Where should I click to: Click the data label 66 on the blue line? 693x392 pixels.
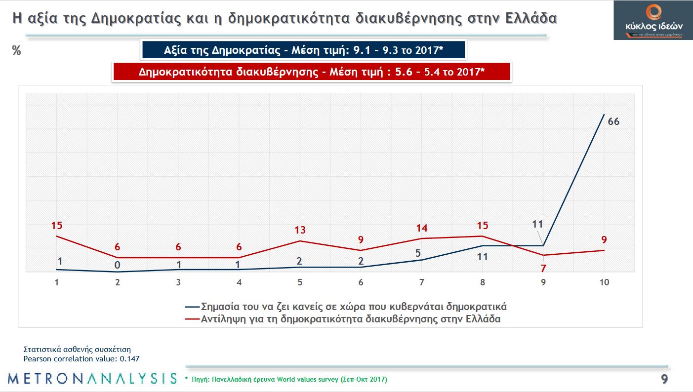tap(613, 121)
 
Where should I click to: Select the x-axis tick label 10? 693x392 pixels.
tap(604, 283)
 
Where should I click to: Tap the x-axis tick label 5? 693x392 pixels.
tap(299, 283)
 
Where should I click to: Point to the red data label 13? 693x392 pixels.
tap(300, 230)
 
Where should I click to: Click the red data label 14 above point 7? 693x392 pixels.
tap(421, 228)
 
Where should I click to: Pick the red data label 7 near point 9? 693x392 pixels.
tap(543, 269)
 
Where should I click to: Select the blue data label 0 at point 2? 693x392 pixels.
tap(118, 265)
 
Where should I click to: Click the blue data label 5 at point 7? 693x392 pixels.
tap(418, 254)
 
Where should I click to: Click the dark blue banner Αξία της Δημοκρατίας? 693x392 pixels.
tap(303, 50)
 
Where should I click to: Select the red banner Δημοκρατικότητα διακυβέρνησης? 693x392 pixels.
tap(311, 72)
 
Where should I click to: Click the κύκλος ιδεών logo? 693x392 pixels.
tap(653, 20)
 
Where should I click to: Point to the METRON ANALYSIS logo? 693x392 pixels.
tap(92, 378)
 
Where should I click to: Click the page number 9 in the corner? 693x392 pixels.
tap(664, 379)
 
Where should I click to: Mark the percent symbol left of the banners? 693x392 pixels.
tap(16, 50)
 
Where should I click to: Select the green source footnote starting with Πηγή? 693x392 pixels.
tap(286, 380)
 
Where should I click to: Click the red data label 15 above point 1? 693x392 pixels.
tap(57, 226)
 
